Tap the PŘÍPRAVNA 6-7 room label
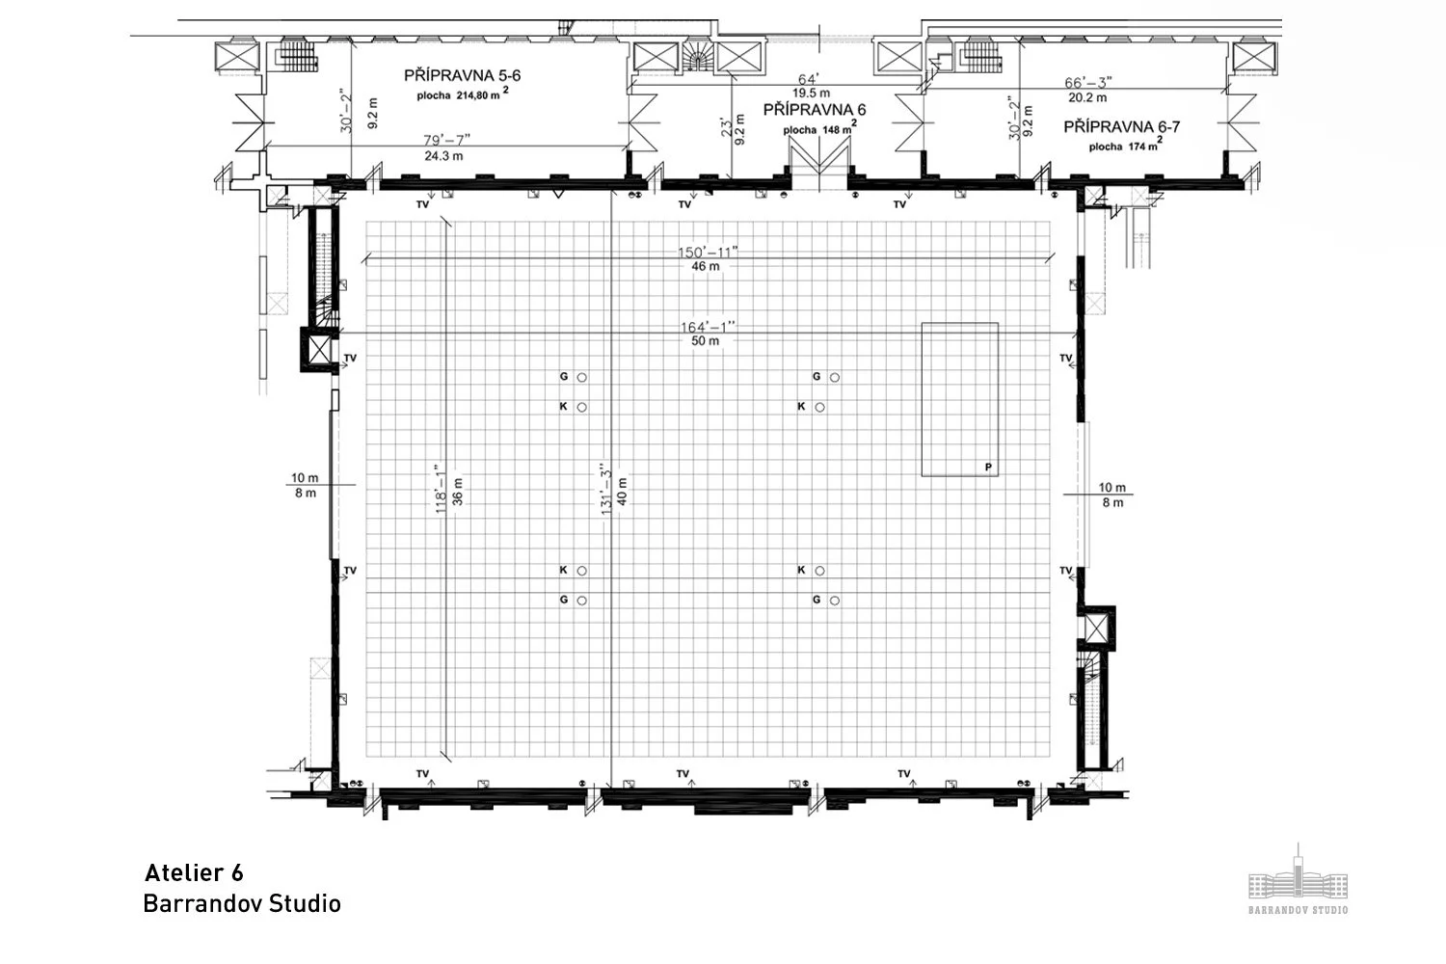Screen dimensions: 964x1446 (1122, 126)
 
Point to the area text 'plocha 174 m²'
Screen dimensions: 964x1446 (1125, 146)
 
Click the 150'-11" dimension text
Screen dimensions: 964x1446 (707, 253)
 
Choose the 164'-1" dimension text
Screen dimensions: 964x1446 (707, 327)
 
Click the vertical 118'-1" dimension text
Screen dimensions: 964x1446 (442, 489)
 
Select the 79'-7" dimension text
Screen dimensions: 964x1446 (444, 140)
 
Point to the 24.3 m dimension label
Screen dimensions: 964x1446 (444, 155)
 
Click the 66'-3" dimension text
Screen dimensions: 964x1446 (1088, 83)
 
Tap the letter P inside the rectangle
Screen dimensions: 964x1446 (988, 468)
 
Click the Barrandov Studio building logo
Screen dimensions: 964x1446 (1298, 879)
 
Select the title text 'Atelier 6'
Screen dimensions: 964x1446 (194, 873)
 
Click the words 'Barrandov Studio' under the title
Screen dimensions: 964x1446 (242, 904)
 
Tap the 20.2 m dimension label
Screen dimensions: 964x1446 (1087, 97)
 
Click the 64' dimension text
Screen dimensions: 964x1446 (808, 79)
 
